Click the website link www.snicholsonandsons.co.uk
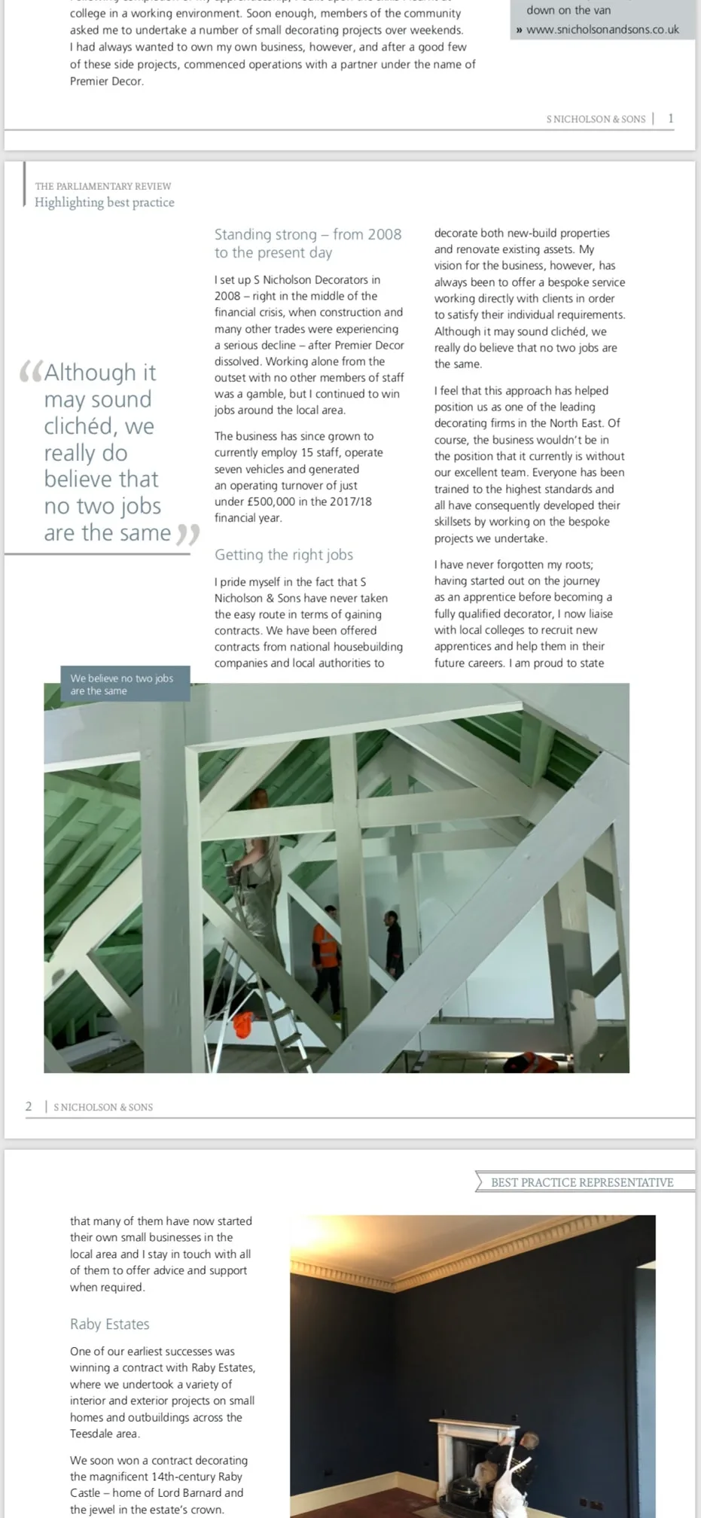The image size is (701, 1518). pyautogui.click(x=602, y=29)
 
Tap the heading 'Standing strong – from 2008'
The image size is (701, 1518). pyautogui.click(x=307, y=234)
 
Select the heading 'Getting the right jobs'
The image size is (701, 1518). pyautogui.click(x=283, y=555)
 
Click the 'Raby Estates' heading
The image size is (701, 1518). pyautogui.click(x=109, y=1324)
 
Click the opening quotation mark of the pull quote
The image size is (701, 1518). pyautogui.click(x=30, y=371)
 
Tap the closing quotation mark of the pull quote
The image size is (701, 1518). pyautogui.click(x=187, y=535)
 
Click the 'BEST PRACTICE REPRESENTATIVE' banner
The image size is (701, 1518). pyautogui.click(x=582, y=1182)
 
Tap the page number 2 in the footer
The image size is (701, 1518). pyautogui.click(x=29, y=1106)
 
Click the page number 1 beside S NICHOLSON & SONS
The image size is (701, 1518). pyautogui.click(x=671, y=118)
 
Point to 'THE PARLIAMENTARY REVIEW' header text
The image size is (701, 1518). pyautogui.click(x=103, y=186)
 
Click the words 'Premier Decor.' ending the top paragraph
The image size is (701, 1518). pyautogui.click(x=107, y=81)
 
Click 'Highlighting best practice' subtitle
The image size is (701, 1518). pyautogui.click(x=104, y=203)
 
